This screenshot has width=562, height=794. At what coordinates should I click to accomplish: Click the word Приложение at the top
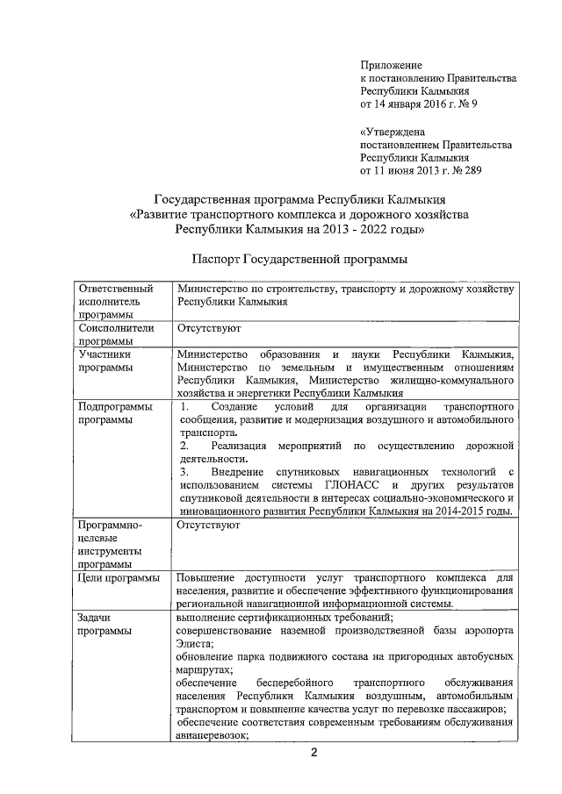tap(392, 65)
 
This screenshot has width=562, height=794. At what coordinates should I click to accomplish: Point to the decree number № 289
tap(465, 170)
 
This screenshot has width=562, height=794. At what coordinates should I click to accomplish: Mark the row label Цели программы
tap(119, 577)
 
